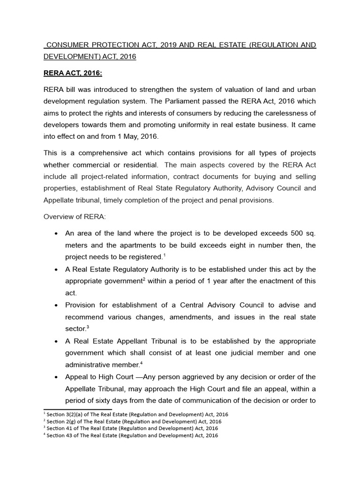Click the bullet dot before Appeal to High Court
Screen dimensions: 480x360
tap(56, 377)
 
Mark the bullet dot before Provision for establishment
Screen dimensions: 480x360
tap(56, 306)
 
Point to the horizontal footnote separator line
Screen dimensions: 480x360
tap(71, 409)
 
